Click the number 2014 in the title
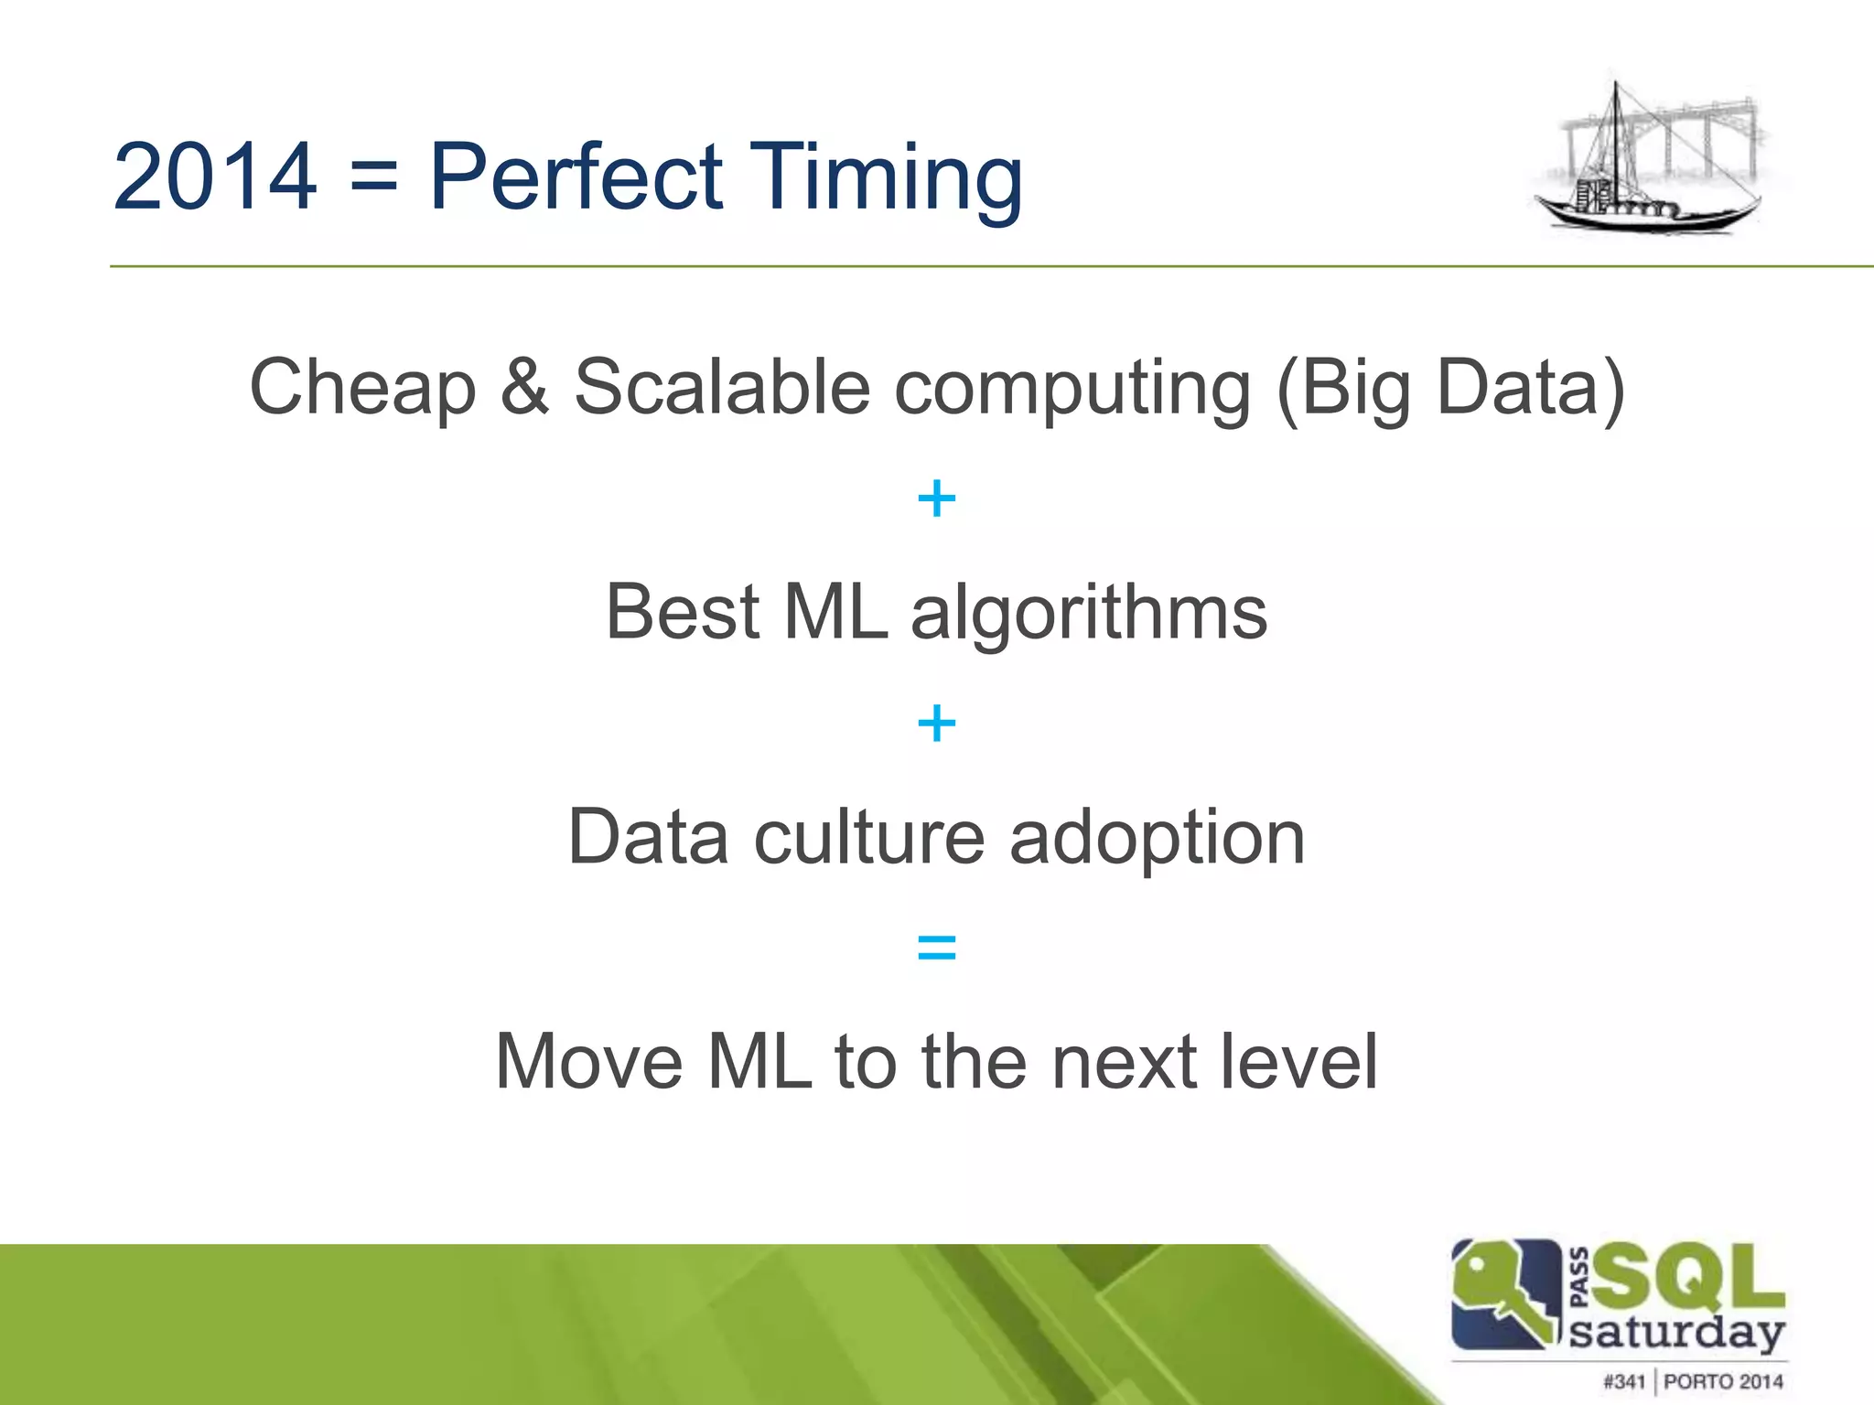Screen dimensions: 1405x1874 (x=215, y=176)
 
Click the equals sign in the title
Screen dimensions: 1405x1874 (x=374, y=176)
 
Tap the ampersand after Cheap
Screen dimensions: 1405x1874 (x=524, y=386)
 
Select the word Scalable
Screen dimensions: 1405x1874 (x=722, y=386)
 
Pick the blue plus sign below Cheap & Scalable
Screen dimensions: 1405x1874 (x=936, y=499)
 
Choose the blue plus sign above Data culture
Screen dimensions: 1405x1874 (x=936, y=724)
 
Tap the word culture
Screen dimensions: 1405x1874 (x=868, y=837)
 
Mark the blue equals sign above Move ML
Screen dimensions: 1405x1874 (x=936, y=949)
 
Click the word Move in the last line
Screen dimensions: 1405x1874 (x=589, y=1061)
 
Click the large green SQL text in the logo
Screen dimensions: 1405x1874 (x=1688, y=1279)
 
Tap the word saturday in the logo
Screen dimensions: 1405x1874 (x=1676, y=1334)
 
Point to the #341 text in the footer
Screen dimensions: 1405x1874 (x=1624, y=1381)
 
